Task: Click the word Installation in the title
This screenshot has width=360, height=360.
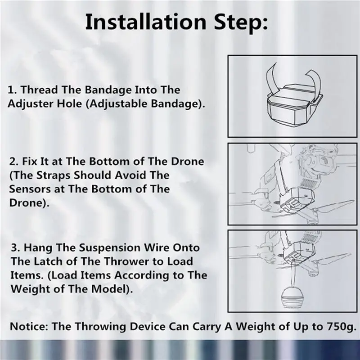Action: (146, 22)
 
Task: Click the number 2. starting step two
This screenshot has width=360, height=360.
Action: (14, 162)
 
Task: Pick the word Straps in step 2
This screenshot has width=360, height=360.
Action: (54, 175)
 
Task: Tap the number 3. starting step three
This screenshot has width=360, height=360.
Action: (16, 248)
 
